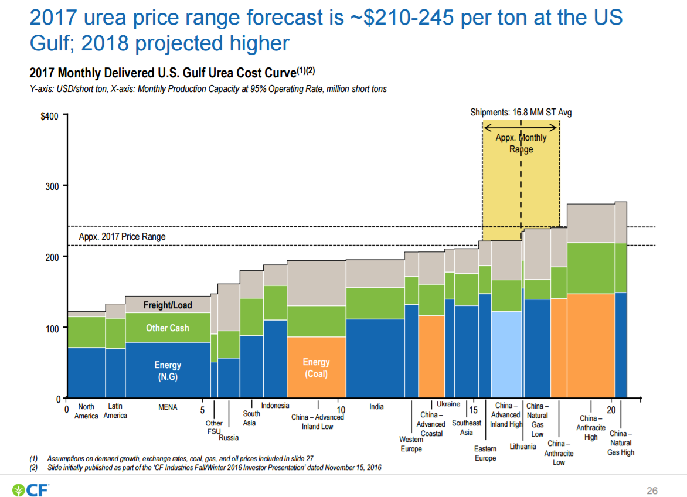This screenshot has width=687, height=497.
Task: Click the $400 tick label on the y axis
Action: (x=49, y=116)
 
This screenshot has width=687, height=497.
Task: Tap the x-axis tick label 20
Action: (x=611, y=410)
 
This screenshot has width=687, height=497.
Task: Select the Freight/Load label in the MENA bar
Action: (x=168, y=305)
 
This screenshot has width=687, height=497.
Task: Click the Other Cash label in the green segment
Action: (x=168, y=328)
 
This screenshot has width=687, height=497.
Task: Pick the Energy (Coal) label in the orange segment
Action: (x=317, y=368)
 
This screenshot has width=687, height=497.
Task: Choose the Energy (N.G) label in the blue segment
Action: (x=168, y=371)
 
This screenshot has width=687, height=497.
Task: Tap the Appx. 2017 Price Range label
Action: (x=122, y=237)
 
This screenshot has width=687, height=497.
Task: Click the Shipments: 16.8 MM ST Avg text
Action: (x=521, y=113)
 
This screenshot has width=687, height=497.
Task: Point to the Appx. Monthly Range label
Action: (x=521, y=143)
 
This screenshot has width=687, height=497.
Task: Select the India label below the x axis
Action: (x=376, y=407)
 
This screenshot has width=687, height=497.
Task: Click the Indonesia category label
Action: (x=275, y=406)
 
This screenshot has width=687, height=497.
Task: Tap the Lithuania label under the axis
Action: (x=523, y=447)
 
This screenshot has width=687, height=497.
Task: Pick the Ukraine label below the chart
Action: (x=448, y=404)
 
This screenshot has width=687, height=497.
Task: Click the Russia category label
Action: (x=229, y=437)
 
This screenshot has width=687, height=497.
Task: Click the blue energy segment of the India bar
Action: (x=375, y=358)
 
